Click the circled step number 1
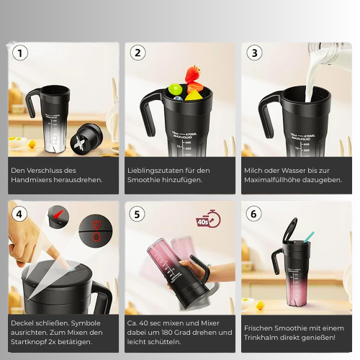pyautogui.click(x=20, y=53)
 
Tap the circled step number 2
pyautogui.click(x=138, y=53)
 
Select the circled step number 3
pyautogui.click(x=254, y=53)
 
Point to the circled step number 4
pyautogui.click(x=19, y=214)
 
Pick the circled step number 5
pyautogui.click(x=137, y=214)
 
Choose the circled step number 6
pyautogui.click(x=253, y=214)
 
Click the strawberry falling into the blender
pyautogui.click(x=192, y=74)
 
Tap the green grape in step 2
pyautogui.click(x=176, y=89)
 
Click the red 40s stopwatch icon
pyautogui.click(x=208, y=219)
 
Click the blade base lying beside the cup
pyautogui.click(x=86, y=139)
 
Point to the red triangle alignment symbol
pyautogui.click(x=96, y=225)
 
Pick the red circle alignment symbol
pyautogui.click(x=96, y=237)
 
